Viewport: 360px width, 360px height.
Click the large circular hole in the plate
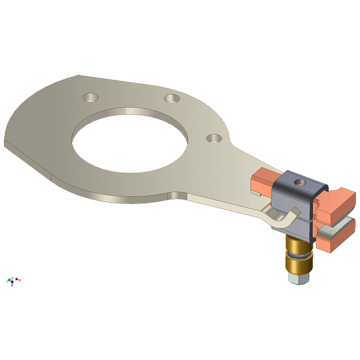pyautogui.click(x=129, y=143)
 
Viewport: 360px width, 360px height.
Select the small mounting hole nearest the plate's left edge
pyautogui.click(x=89, y=97)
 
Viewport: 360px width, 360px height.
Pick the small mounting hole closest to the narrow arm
pyautogui.click(x=213, y=138)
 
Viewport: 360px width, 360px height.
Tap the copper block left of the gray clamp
pyautogui.click(x=263, y=181)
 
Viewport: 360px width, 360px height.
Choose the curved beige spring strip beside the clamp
pyautogui.click(x=281, y=218)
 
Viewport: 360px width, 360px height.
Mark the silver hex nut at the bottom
pyautogui.click(x=298, y=278)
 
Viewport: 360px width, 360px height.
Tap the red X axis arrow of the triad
pyautogui.click(x=18, y=279)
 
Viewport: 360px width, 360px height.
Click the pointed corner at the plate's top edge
pyautogui.click(x=80, y=75)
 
